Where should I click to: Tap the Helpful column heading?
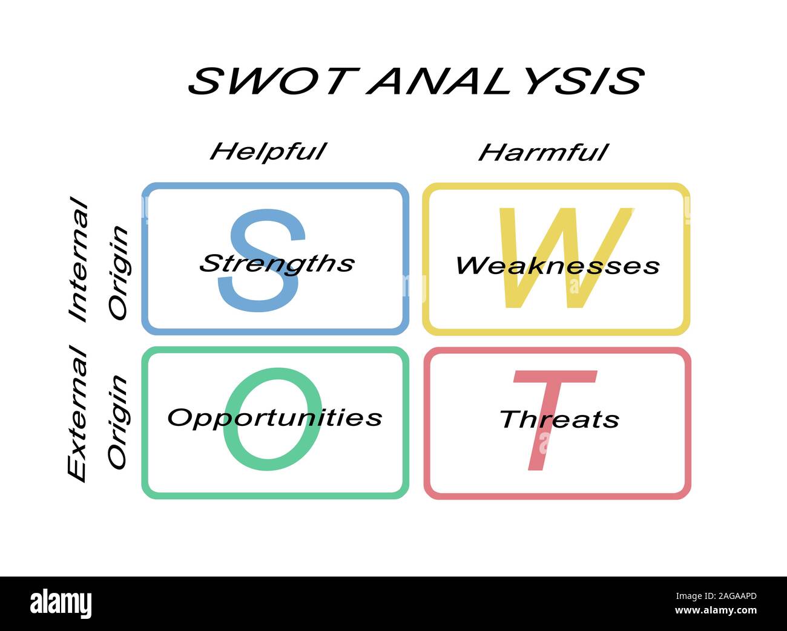point(268,151)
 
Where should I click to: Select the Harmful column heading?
point(543,152)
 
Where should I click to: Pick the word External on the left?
point(77,413)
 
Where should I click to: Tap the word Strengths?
point(277,264)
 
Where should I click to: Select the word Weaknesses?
point(557,266)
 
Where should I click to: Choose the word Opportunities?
point(275,418)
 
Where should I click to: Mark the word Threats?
point(559,419)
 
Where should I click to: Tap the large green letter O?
point(272,448)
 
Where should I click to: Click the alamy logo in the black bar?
point(61,604)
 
